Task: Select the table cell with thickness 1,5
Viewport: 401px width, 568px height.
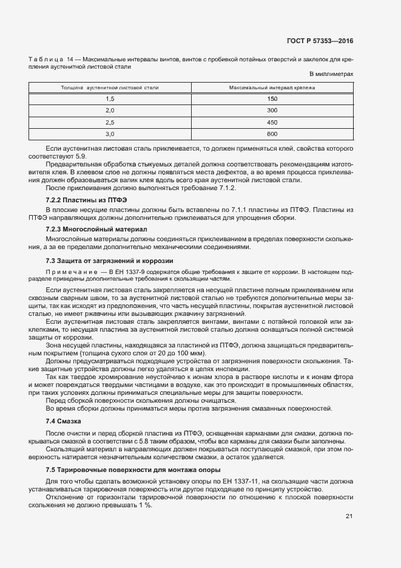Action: point(110,99)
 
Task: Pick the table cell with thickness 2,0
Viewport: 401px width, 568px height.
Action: point(110,111)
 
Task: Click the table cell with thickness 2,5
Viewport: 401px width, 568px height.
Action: point(110,122)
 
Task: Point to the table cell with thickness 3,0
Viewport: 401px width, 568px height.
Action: point(110,134)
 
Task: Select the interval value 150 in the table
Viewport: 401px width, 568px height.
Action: point(272,99)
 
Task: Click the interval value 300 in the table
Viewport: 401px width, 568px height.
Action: point(272,111)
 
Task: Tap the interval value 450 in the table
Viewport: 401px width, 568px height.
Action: point(272,122)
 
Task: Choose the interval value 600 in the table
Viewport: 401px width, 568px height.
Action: point(272,134)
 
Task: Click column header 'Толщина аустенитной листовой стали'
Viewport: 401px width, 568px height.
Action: point(110,88)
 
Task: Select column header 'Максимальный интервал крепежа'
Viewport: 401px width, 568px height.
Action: point(272,88)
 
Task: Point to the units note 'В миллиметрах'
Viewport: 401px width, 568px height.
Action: point(331,74)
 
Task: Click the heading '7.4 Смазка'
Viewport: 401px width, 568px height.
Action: point(63,421)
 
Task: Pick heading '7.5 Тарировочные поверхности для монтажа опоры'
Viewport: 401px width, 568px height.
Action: point(124,471)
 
